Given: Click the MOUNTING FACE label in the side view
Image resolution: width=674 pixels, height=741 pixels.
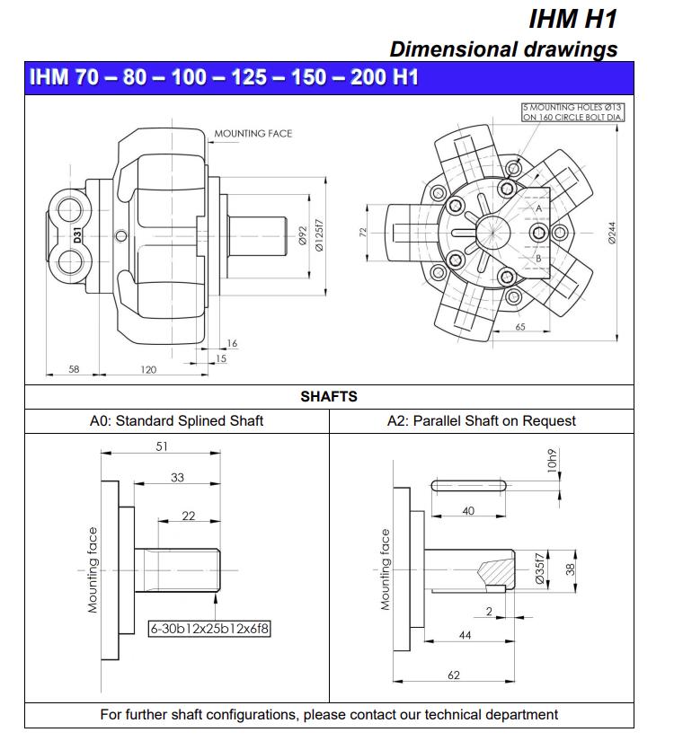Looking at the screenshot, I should (x=253, y=134).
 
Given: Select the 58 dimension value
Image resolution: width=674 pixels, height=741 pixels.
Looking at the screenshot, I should (x=74, y=369).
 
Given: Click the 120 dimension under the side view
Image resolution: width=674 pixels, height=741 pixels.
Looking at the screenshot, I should (x=148, y=369).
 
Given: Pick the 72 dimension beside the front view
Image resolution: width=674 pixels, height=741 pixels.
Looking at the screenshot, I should (x=363, y=233).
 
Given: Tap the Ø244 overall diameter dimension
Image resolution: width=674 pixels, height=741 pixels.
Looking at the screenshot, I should (x=612, y=234).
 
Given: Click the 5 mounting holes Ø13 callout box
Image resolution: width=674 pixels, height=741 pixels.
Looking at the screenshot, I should (x=573, y=112).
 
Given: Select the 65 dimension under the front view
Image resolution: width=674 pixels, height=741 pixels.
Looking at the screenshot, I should (x=520, y=328).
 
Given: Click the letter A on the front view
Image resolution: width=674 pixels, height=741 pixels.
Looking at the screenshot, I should (x=538, y=207).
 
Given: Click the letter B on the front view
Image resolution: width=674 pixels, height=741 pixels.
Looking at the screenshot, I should (x=538, y=259).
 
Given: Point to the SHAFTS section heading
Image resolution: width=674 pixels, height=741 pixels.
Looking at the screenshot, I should (x=329, y=396).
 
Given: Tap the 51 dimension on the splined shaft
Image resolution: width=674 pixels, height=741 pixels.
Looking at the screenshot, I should (x=162, y=446).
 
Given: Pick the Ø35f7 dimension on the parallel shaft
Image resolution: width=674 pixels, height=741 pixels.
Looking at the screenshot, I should (x=539, y=569).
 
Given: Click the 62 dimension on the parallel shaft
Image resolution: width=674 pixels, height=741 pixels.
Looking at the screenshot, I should (x=454, y=675).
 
